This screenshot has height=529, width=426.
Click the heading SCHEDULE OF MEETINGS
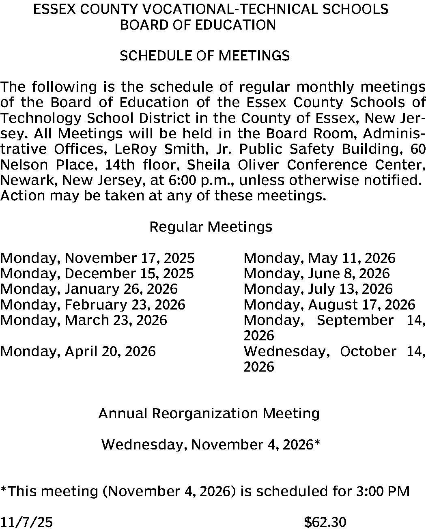point(204,56)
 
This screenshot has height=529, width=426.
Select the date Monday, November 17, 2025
point(97,258)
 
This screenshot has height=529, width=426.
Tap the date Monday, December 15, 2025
point(97,273)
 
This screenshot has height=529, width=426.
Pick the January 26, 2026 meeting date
point(89,289)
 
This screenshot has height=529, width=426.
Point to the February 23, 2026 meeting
point(93,304)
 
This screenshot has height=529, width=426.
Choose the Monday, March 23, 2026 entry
point(84,320)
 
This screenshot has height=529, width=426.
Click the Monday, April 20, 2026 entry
point(78,351)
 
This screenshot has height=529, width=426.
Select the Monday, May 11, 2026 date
point(319,258)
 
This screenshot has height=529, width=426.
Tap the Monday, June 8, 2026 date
point(316,273)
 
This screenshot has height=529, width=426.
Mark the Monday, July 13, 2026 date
point(318,289)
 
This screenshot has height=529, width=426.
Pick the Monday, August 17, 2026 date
point(329,304)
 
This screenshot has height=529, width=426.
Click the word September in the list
point(355,320)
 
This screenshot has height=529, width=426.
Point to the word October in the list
point(368,351)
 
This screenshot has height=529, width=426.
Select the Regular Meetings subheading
point(211,226)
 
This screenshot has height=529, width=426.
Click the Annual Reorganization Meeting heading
point(209,413)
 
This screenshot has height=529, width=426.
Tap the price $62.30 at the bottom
point(325,522)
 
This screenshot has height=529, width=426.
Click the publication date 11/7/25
point(26,522)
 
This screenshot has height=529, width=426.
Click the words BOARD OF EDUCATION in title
point(198,25)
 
